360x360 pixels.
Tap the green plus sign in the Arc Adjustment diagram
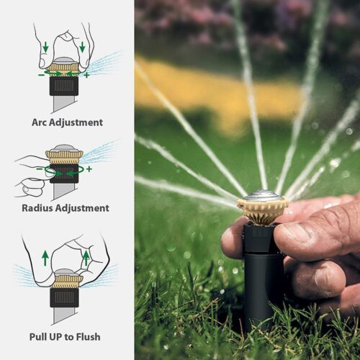click(86, 74)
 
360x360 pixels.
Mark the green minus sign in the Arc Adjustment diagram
click(40, 73)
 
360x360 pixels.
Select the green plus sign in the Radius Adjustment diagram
click(89, 170)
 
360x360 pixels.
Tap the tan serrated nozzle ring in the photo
click(262, 210)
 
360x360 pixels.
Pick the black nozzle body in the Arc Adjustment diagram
click(63, 87)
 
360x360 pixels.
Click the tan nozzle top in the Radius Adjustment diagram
click(64, 155)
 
